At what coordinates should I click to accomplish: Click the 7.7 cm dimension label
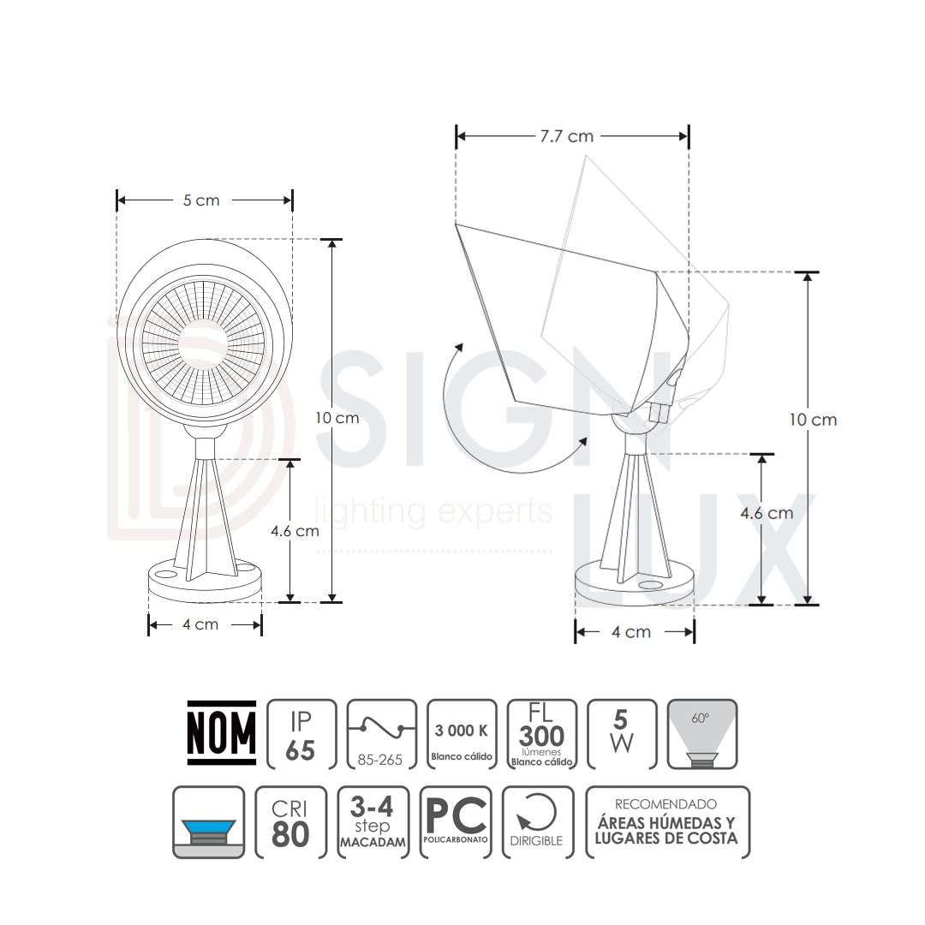pyautogui.click(x=566, y=136)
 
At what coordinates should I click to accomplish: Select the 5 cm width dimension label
pyautogui.click(x=201, y=200)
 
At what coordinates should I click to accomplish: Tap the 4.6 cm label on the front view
pyautogui.click(x=295, y=531)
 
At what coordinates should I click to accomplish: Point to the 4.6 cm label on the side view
pyautogui.click(x=767, y=513)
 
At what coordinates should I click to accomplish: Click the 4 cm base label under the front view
pyautogui.click(x=200, y=624)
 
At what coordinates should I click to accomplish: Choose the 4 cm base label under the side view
pyautogui.click(x=631, y=632)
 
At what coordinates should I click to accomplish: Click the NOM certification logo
pyautogui.click(x=222, y=733)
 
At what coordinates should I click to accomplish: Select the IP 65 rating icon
pyautogui.click(x=301, y=735)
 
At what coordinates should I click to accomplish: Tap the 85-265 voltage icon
pyautogui.click(x=382, y=735)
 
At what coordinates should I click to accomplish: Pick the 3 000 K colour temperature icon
pyautogui.click(x=462, y=735)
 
